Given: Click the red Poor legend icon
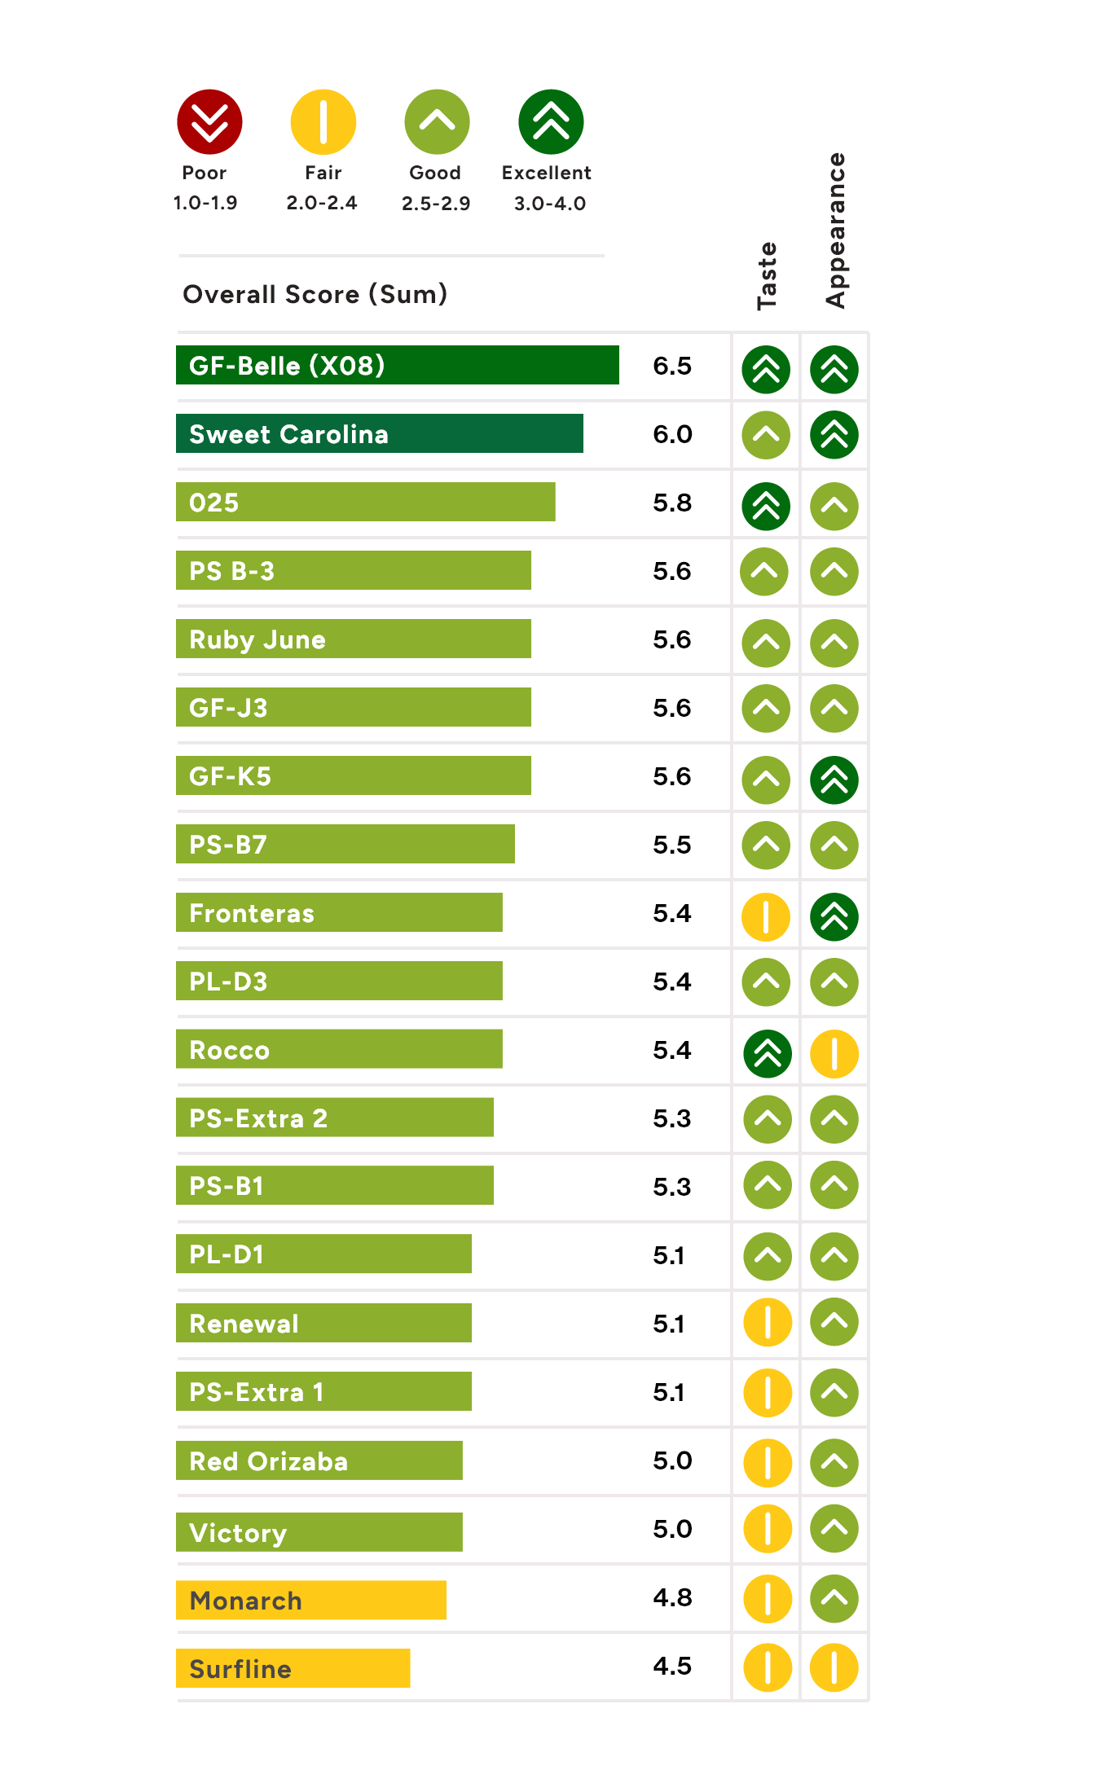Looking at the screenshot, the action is (x=209, y=122).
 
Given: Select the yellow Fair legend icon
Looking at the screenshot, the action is (x=323, y=122).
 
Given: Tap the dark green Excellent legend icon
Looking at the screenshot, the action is (x=551, y=122).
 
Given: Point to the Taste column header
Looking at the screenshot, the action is (x=767, y=276).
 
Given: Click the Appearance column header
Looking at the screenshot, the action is (x=836, y=231).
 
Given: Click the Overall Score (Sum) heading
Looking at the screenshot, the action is (x=315, y=294).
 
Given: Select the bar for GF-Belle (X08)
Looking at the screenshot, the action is (x=398, y=365).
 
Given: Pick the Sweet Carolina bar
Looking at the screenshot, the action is (x=380, y=433).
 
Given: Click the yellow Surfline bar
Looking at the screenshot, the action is (x=293, y=1668).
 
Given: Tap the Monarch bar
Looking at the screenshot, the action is (x=311, y=1600).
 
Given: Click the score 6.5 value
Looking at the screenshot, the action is (x=672, y=366).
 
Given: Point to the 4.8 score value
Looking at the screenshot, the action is (x=672, y=1597).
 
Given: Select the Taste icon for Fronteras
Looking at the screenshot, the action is (x=766, y=917).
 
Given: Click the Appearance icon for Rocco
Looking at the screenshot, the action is (x=834, y=1054).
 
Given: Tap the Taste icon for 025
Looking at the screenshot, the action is (x=766, y=507).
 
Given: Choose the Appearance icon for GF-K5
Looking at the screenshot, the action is (x=834, y=780).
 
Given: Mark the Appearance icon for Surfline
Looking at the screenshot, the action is (x=834, y=1668).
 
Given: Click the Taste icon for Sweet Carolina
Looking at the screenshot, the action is (x=766, y=435).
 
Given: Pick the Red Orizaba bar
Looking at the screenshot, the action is (x=319, y=1460).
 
